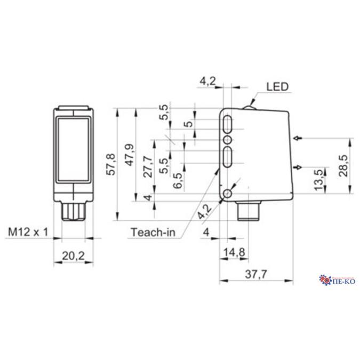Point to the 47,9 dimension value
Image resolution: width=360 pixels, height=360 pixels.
(x=129, y=155)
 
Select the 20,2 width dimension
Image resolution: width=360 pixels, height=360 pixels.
(x=74, y=257)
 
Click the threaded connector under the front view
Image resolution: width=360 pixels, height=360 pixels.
(x=74, y=211)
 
